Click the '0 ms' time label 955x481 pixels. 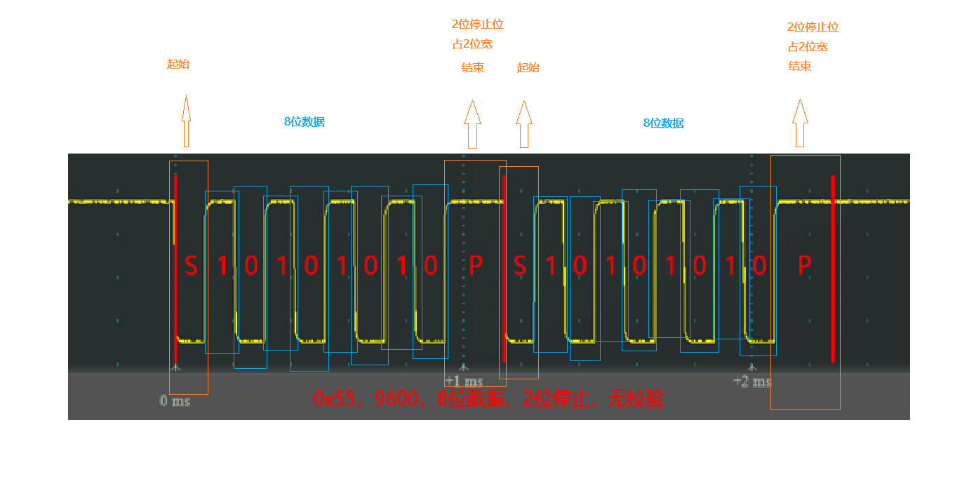175,401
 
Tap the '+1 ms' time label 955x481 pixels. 464,381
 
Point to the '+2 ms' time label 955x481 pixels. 752,381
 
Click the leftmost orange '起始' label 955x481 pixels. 178,64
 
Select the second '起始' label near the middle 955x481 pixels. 528,67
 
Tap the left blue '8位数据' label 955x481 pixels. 304,121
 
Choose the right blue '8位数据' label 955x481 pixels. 663,123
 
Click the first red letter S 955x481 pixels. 191,266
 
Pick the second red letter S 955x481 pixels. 520,266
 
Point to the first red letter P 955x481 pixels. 476,266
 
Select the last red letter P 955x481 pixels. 805,266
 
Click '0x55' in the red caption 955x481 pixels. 334,399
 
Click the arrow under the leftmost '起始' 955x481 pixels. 186,121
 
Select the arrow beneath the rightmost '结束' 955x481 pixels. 800,123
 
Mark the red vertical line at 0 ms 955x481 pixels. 175,266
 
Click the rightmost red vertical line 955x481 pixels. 833,266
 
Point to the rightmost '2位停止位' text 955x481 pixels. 813,27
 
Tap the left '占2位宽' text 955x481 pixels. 472,43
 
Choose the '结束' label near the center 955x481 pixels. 472,68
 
